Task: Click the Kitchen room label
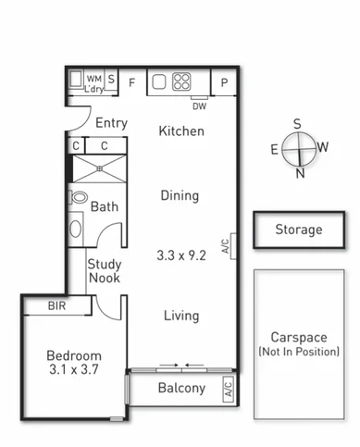click(x=180, y=131)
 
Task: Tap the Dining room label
click(x=180, y=195)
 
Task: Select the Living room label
click(x=180, y=316)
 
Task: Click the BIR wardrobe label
click(x=56, y=305)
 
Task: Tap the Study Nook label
click(x=105, y=272)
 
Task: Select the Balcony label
click(x=180, y=388)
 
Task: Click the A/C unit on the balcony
click(x=229, y=389)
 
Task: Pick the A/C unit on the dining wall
click(x=226, y=246)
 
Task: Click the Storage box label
click(x=298, y=230)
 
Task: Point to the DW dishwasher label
click(x=199, y=104)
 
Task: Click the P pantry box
click(x=224, y=82)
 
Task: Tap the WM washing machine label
click(x=93, y=79)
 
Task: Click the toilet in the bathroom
click(x=79, y=198)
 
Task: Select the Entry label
click(x=111, y=123)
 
